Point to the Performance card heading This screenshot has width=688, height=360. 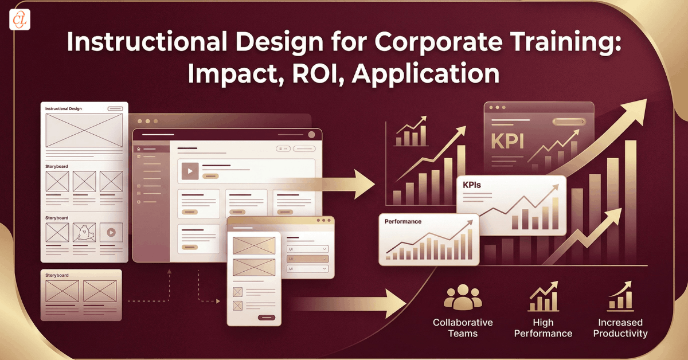point(402,221)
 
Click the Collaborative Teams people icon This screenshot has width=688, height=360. point(463,297)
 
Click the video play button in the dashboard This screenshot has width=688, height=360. point(190,170)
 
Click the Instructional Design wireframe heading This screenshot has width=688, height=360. point(68,108)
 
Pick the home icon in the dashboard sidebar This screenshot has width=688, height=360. point(138,149)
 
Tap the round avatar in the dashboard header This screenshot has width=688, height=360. point(312,135)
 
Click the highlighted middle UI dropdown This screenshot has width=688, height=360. point(307,259)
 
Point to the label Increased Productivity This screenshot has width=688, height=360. point(620,328)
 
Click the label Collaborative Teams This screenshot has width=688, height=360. point(463,328)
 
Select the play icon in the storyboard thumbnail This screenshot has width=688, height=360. point(111,233)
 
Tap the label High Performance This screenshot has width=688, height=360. point(543,328)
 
